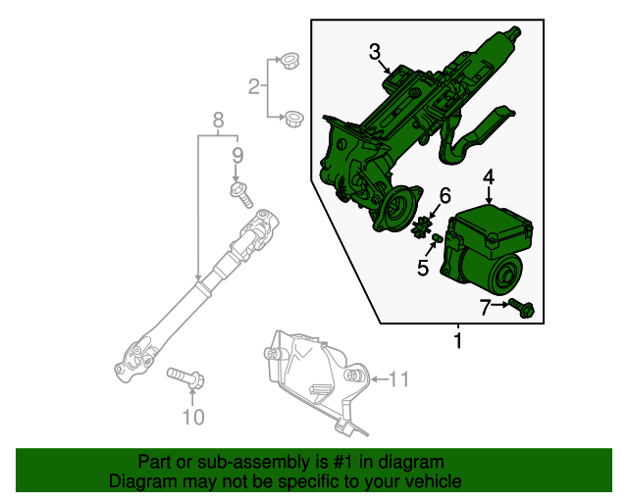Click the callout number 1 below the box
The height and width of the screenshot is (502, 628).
click(x=457, y=342)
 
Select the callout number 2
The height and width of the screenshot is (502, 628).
click(x=253, y=87)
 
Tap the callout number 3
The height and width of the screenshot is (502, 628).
click(x=375, y=51)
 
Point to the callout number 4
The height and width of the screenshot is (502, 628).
click(x=489, y=176)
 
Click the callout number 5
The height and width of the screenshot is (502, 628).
click(x=423, y=267)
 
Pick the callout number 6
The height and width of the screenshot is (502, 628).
click(x=444, y=195)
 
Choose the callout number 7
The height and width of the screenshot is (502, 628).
click(x=484, y=306)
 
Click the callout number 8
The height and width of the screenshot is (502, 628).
click(x=218, y=122)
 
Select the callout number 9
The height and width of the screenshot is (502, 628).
click(x=236, y=155)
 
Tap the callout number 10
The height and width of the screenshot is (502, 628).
click(x=193, y=419)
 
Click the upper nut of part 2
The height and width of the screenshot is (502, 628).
click(x=289, y=63)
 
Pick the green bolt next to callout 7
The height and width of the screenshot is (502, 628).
click(x=520, y=308)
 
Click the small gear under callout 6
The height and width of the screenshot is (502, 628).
click(x=426, y=226)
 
